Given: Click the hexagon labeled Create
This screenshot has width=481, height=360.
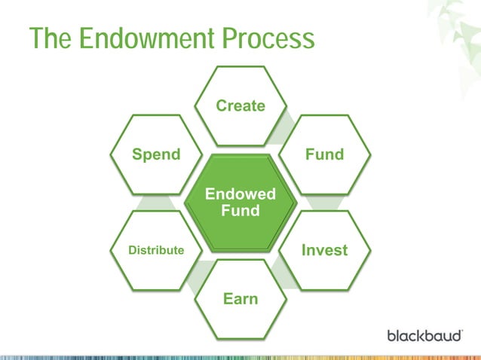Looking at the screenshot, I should (x=240, y=106).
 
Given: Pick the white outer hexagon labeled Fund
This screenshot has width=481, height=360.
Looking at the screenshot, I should (x=324, y=154).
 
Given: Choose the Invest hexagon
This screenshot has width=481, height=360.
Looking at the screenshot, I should (x=324, y=250).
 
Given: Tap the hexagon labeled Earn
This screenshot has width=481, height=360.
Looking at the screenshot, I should (x=240, y=299).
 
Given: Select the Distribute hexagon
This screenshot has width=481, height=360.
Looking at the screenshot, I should (x=156, y=250).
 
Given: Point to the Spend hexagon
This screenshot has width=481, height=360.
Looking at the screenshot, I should (x=156, y=154).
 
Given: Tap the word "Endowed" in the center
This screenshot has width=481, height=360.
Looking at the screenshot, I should (x=240, y=195).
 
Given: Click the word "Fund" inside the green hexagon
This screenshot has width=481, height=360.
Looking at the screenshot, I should (x=240, y=211).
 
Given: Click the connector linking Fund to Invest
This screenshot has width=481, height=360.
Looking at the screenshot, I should (x=324, y=202).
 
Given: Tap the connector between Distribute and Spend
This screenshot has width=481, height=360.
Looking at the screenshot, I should (x=156, y=202).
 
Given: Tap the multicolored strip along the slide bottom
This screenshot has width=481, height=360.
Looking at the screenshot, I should (x=240, y=355).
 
